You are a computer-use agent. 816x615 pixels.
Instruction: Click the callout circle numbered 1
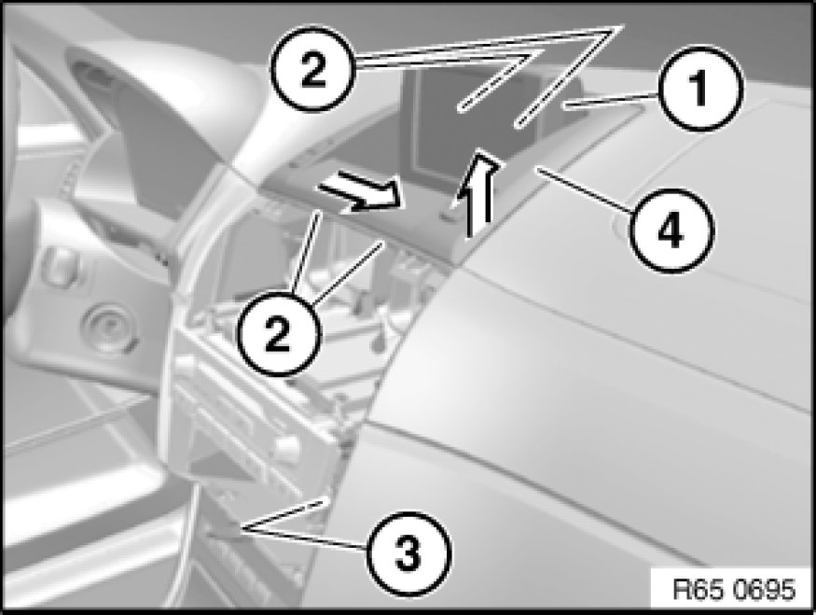click(x=700, y=89)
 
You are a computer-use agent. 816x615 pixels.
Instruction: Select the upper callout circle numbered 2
click(x=313, y=69)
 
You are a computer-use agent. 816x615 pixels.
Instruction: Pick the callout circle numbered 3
click(x=408, y=553)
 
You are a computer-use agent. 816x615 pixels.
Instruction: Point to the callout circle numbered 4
click(x=671, y=231)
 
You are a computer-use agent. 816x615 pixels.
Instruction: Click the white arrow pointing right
click(x=360, y=191)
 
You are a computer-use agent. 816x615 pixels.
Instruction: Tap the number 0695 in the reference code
click(x=765, y=590)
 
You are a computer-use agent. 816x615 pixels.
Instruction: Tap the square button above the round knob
click(x=61, y=266)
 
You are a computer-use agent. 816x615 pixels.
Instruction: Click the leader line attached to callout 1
click(x=612, y=100)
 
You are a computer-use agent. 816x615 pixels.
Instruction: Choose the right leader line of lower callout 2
click(x=348, y=273)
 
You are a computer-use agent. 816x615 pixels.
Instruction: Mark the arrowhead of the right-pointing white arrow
click(x=388, y=197)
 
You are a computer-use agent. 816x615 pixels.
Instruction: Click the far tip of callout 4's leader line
click(x=537, y=167)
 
